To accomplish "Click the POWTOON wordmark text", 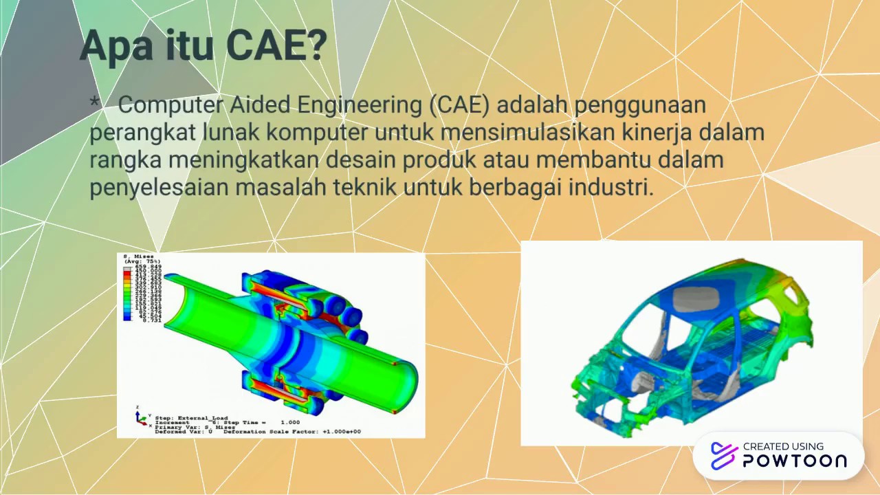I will [795, 461].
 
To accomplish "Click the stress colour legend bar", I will [127, 294].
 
